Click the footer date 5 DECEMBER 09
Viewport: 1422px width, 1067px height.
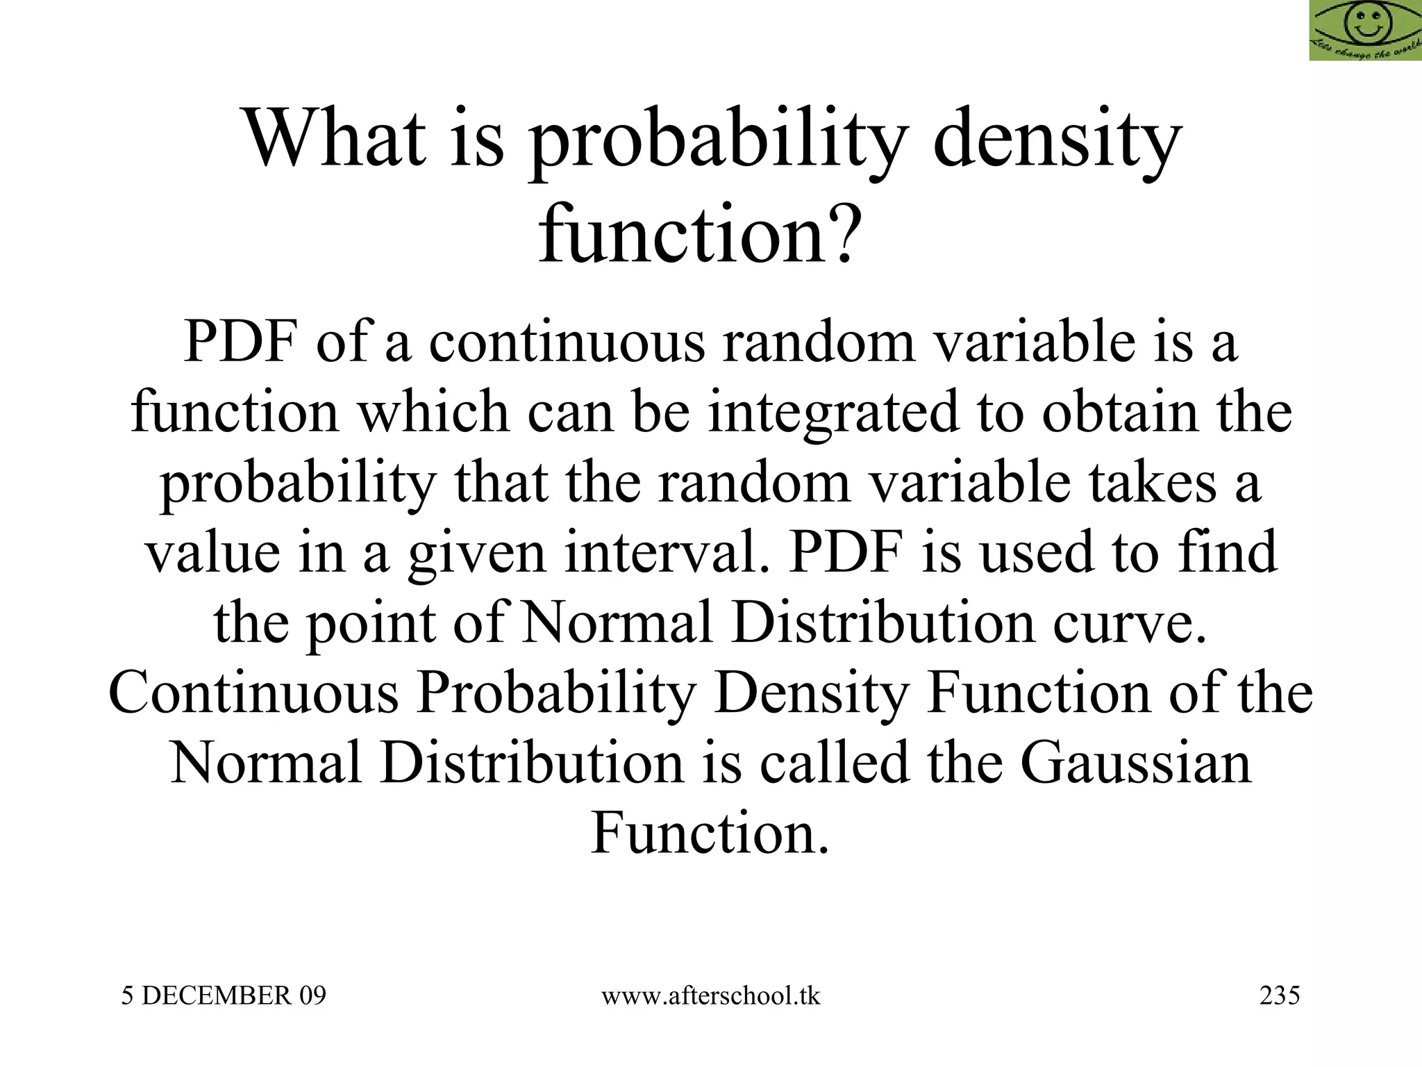[224, 996]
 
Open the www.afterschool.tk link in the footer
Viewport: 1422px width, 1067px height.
[710, 996]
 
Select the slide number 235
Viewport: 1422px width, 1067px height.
[1279, 996]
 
